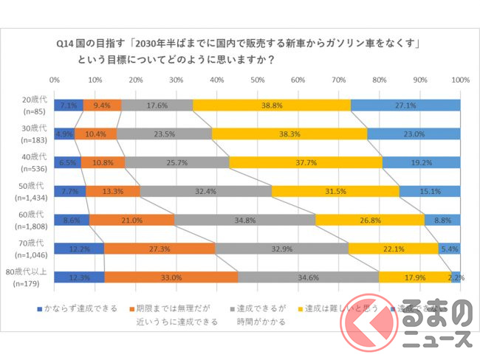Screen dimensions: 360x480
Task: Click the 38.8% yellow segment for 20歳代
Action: pos(272,105)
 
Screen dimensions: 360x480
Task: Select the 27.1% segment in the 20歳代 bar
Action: pos(405,105)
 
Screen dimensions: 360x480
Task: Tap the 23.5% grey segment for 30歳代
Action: pos(164,134)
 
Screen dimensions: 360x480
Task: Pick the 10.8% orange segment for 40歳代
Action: pos(103,162)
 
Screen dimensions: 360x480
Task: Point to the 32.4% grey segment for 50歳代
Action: pos(205,191)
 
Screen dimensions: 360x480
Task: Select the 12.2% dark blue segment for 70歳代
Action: pos(79,249)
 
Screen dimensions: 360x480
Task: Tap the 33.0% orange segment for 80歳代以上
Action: pos(171,277)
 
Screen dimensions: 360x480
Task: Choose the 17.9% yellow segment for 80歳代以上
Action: pos(410,277)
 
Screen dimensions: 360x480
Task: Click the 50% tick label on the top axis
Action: pos(258,78)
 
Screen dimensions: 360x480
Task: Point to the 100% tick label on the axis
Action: pos(459,78)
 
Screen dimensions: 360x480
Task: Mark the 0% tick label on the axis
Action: pos(55,78)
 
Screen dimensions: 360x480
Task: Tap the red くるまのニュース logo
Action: pos(436,325)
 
